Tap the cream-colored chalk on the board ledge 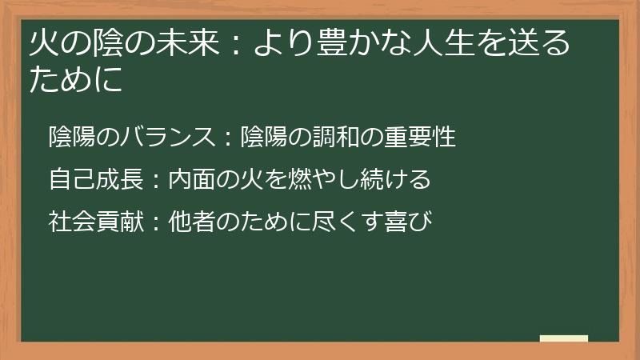tap(563, 338)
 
